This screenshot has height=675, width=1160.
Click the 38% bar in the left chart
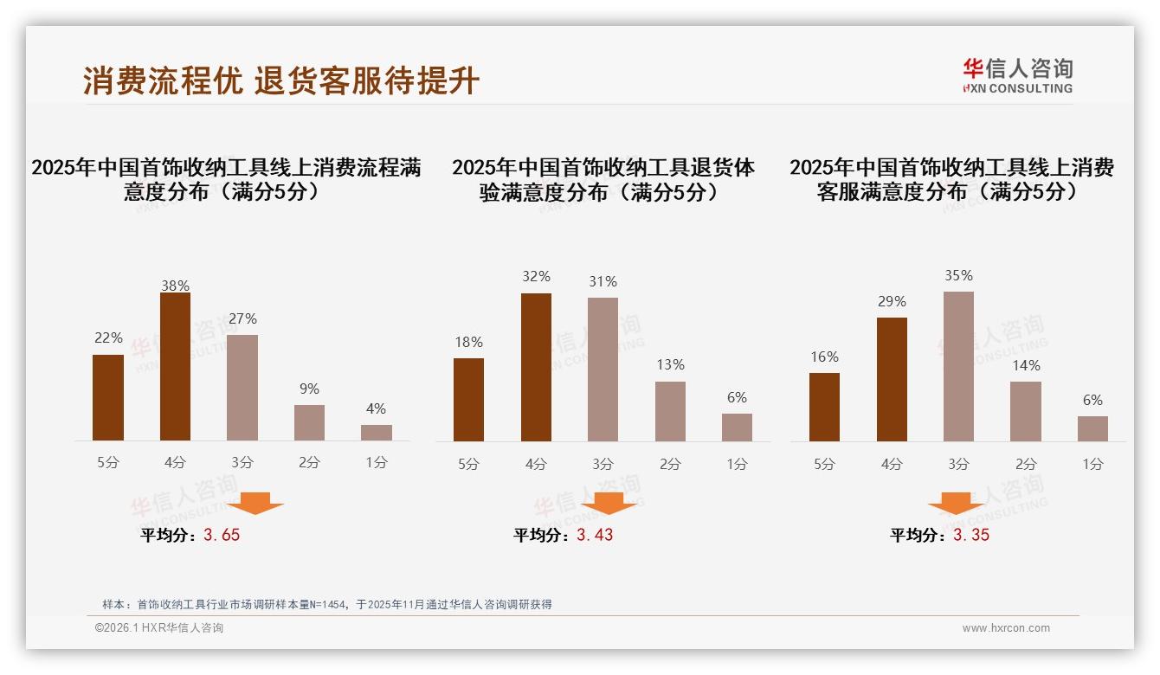tap(175, 367)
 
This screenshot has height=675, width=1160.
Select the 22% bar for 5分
tap(108, 398)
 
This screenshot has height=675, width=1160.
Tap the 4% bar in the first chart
tap(377, 433)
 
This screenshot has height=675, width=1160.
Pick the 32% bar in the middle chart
tap(536, 367)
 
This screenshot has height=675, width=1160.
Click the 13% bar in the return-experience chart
tap(670, 411)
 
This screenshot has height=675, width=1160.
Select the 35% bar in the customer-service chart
tap(958, 366)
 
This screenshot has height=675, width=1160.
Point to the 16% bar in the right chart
tap(824, 407)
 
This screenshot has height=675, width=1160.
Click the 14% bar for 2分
tap(1026, 411)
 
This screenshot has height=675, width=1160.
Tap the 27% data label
tap(242, 319)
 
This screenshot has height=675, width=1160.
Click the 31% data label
tap(603, 282)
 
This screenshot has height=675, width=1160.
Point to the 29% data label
tap(892, 302)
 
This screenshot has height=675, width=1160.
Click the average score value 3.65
tap(222, 535)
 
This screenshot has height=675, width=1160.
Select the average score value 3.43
tap(595, 535)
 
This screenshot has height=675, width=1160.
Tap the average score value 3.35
tap(971, 535)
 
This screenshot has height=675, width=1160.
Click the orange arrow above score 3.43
tap(609, 503)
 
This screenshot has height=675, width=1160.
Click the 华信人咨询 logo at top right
tap(1017, 75)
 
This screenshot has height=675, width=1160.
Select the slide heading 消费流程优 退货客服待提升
tap(281, 81)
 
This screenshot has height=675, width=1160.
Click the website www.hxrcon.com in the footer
tap(1006, 628)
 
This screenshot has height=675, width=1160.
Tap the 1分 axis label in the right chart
tap(1092, 464)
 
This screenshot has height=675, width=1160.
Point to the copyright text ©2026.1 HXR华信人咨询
tap(159, 628)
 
